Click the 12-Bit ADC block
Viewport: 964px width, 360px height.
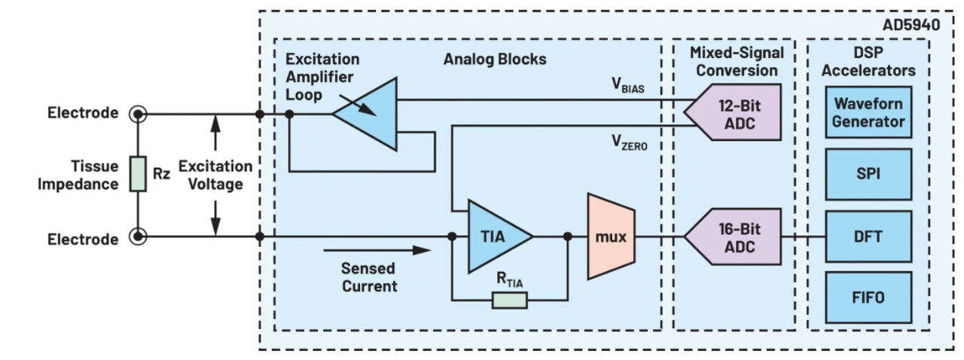click(734, 114)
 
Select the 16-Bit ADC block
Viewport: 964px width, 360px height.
click(734, 236)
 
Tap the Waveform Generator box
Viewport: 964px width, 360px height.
click(868, 111)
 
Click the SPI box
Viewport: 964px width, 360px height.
click(868, 174)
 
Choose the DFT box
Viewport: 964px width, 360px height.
click(868, 236)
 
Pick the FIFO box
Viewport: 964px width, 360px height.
click(868, 297)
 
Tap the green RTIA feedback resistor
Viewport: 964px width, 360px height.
click(510, 301)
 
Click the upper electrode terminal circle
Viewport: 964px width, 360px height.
click(138, 114)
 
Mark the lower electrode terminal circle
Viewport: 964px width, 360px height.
click(138, 237)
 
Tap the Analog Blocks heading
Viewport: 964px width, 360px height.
click(495, 59)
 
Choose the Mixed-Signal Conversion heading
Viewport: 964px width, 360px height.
click(736, 62)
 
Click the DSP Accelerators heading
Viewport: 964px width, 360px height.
click(868, 62)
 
